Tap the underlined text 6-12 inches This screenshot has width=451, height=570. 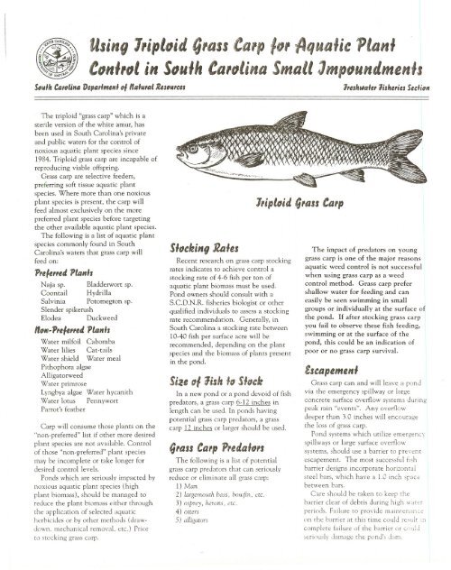pyautogui.click(x=232, y=417)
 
